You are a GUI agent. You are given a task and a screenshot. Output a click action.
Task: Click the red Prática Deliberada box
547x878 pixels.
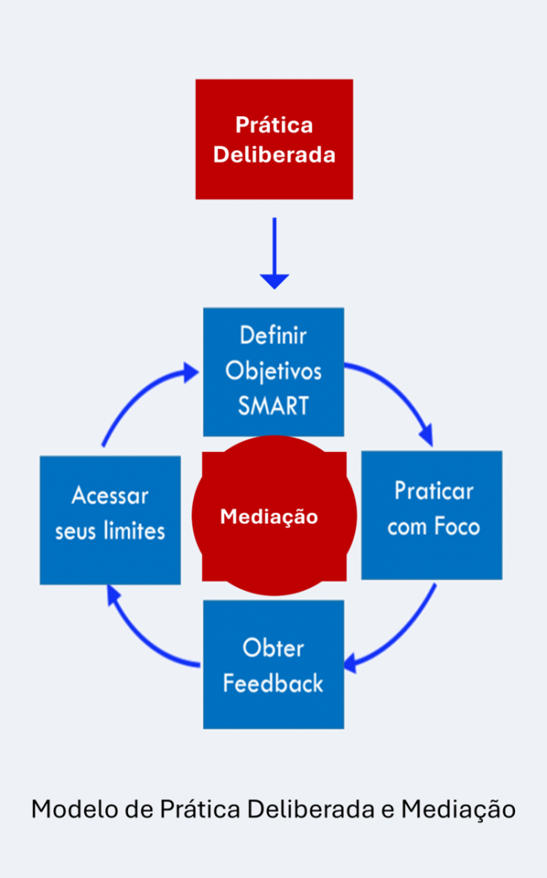pyautogui.click(x=273, y=139)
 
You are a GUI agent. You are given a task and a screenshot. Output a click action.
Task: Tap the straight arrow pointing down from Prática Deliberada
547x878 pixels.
pyautogui.click(x=273, y=253)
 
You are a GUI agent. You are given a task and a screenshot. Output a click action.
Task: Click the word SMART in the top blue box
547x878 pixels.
pyautogui.click(x=273, y=406)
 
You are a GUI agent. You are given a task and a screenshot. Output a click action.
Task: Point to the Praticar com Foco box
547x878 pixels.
pyautogui.click(x=432, y=514)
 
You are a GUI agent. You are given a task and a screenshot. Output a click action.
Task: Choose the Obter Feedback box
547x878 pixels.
pyautogui.click(x=273, y=663)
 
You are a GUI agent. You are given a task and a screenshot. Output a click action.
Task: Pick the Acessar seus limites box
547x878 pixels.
pyautogui.click(x=110, y=519)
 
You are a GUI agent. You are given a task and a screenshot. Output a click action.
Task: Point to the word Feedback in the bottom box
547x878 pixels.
pyautogui.click(x=273, y=682)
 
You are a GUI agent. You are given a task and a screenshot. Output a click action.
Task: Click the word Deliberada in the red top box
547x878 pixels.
pyautogui.click(x=273, y=156)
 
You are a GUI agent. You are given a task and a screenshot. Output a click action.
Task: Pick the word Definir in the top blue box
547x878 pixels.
pyautogui.click(x=273, y=335)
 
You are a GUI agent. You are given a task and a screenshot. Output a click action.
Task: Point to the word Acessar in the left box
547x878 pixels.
pyautogui.click(x=110, y=495)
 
